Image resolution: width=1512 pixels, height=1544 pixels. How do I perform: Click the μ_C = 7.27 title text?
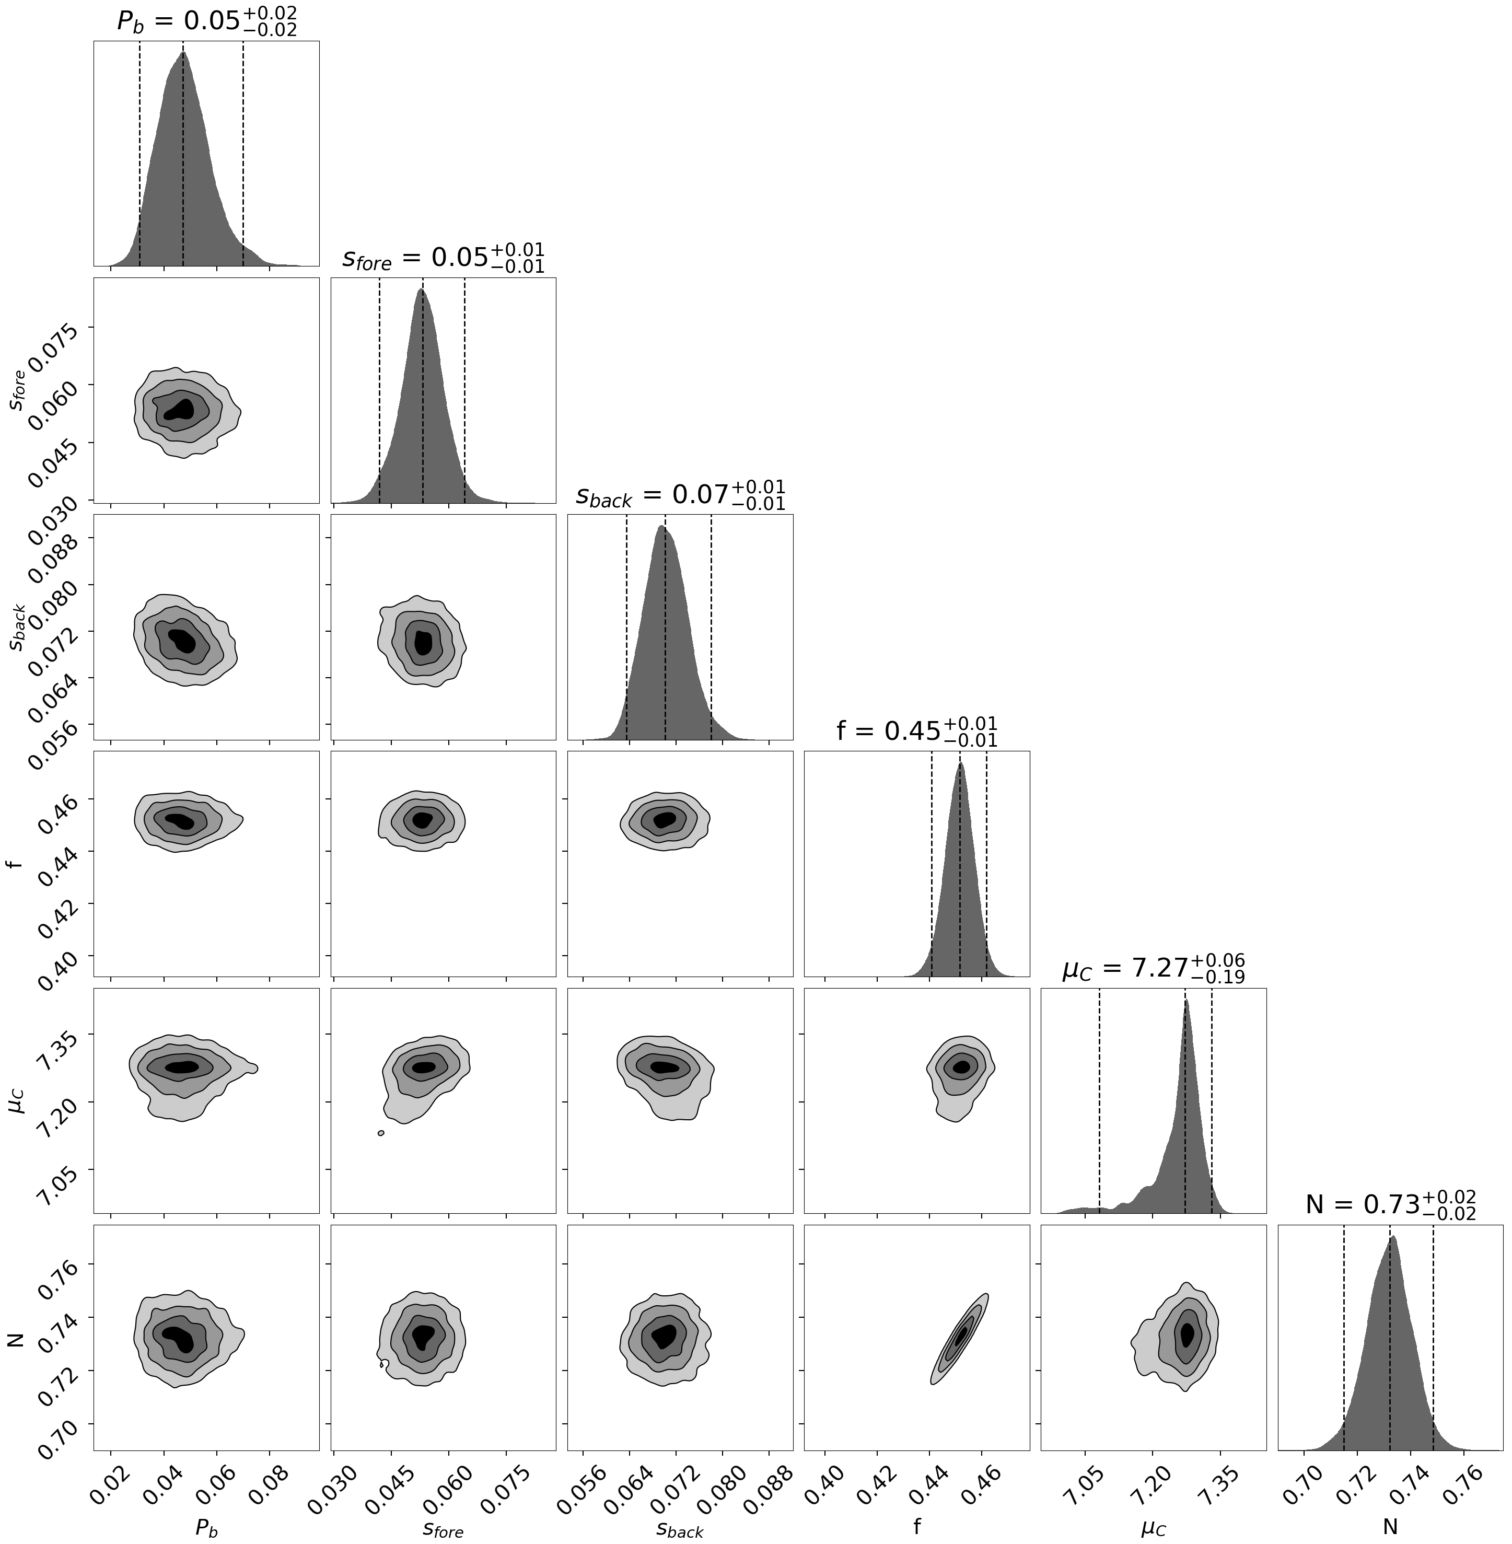coord(1153,969)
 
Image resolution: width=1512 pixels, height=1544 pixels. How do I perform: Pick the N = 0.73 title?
coord(1390,1205)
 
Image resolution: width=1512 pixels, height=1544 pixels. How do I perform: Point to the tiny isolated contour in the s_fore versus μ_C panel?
coord(381,1133)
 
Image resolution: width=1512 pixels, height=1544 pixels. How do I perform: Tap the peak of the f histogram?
coord(961,763)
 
